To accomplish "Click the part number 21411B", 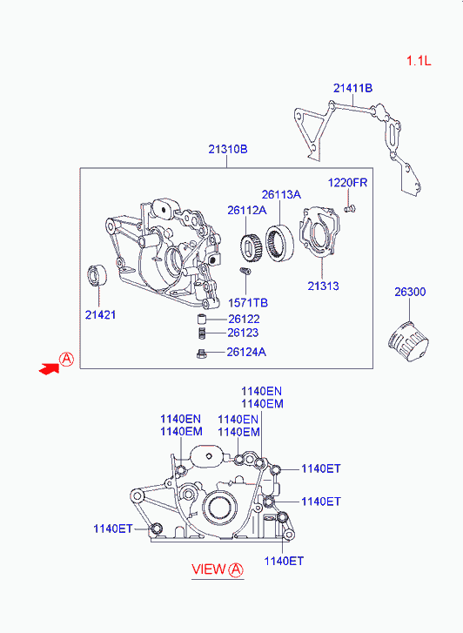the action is point(352,88).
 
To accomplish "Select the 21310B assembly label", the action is point(228,150).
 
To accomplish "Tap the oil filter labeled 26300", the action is point(408,342).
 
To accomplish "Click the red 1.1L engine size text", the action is point(419,61).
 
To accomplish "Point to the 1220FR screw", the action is point(350,209).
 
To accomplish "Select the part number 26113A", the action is point(281,194).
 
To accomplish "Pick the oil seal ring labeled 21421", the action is point(97,275).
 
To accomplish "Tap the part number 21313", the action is point(324,286).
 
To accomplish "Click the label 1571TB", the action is point(248,303).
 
